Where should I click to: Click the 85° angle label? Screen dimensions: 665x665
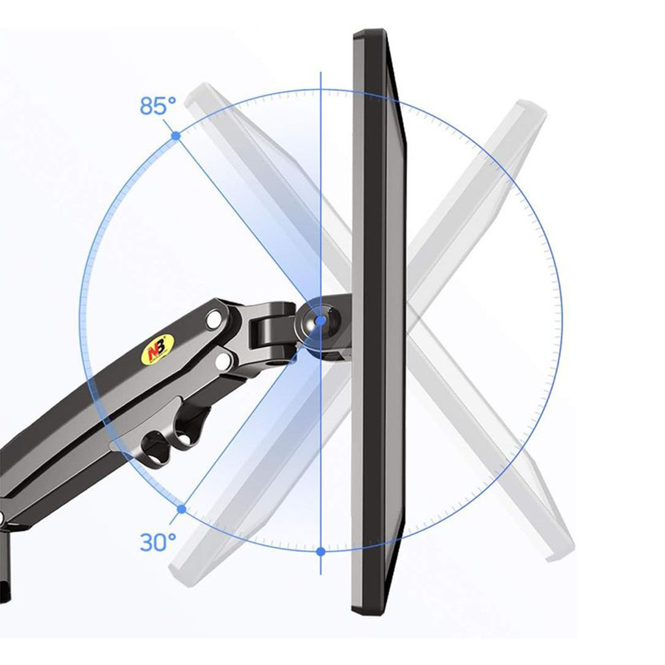click(x=158, y=106)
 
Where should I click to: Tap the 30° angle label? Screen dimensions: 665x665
click(x=158, y=542)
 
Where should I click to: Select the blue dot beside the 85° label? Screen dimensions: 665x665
click(x=176, y=136)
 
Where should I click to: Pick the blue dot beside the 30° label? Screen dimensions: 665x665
click(x=182, y=509)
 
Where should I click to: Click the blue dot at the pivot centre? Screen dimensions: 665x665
click(x=321, y=320)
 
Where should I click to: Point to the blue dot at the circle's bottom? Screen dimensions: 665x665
click(x=321, y=551)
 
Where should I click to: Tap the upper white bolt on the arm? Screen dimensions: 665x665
click(x=214, y=319)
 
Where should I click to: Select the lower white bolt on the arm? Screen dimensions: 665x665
click(x=223, y=361)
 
